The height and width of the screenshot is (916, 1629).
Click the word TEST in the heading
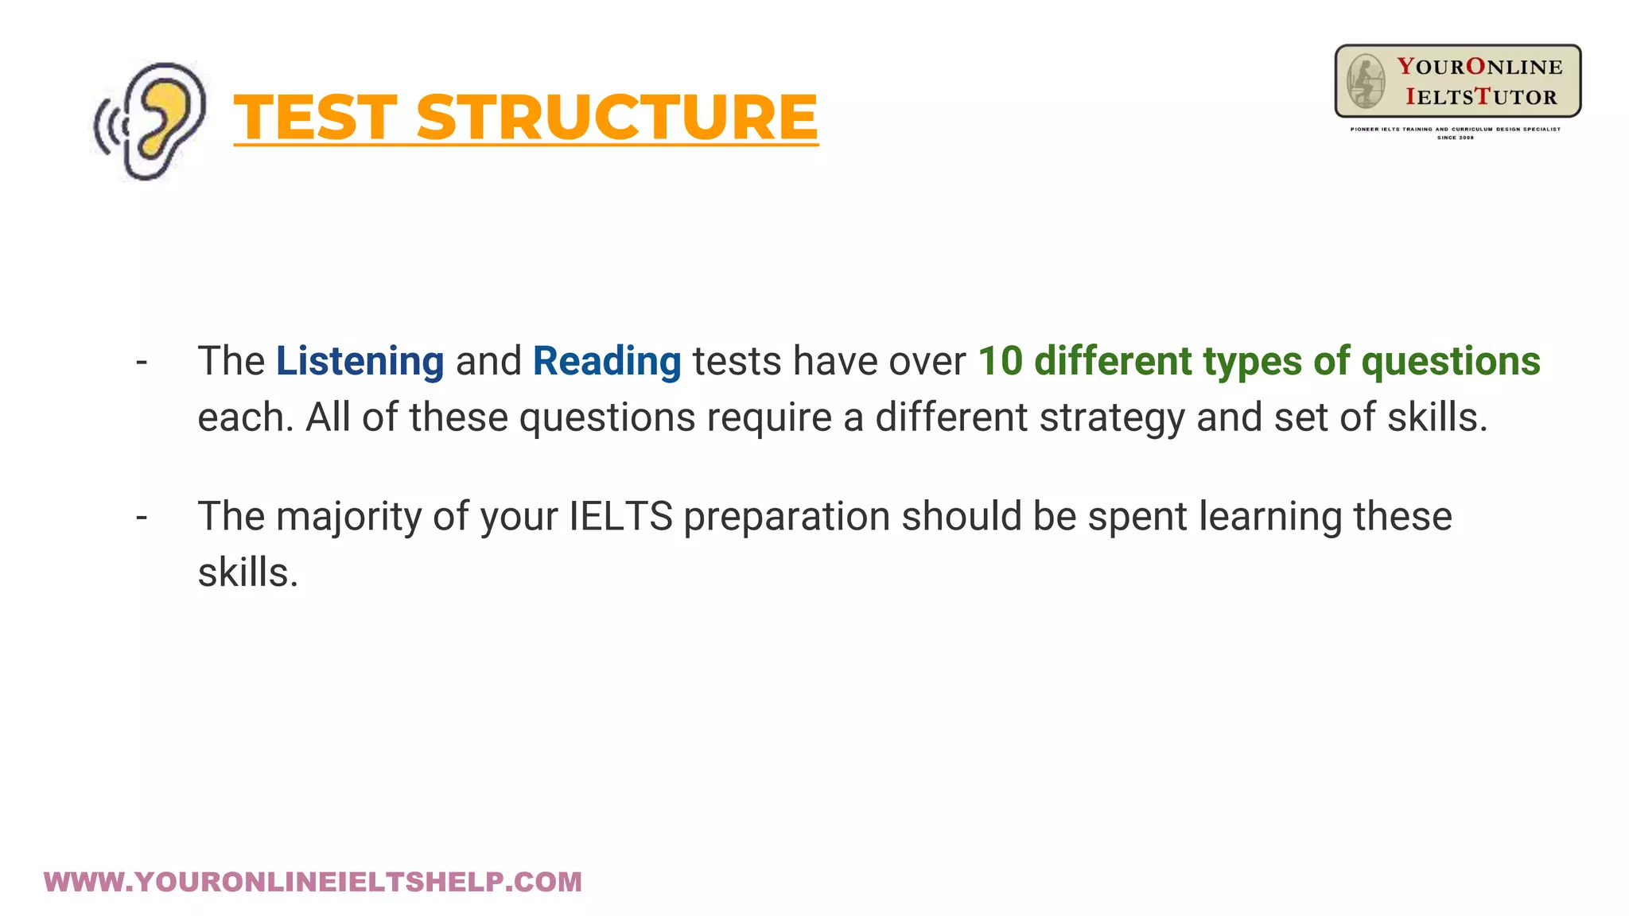(x=315, y=118)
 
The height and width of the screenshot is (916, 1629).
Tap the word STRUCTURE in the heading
(x=617, y=118)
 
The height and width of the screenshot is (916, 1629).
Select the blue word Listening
(x=360, y=361)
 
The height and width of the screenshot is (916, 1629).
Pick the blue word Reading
(x=607, y=361)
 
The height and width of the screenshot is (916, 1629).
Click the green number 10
(x=1000, y=361)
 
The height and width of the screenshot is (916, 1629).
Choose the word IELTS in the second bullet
(x=620, y=517)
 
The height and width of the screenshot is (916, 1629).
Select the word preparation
(x=787, y=517)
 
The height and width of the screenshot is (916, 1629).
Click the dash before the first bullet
(x=142, y=363)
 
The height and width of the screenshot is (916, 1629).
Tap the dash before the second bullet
(x=142, y=518)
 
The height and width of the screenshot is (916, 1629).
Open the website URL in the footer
(x=313, y=882)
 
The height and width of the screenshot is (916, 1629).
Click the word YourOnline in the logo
(x=1479, y=67)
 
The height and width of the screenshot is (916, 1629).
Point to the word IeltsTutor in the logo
(x=1481, y=97)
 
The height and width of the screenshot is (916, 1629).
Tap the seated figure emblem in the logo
(x=1365, y=81)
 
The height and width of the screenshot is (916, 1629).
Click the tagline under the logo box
(x=1456, y=129)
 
